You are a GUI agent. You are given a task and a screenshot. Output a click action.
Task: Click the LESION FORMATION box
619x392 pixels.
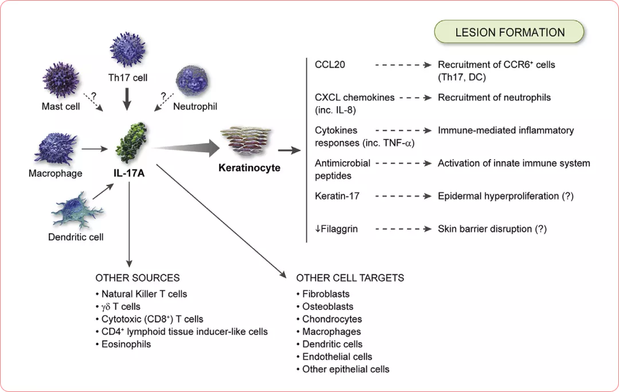click(x=510, y=32)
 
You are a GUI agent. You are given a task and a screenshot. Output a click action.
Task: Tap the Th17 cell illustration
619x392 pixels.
click(x=128, y=51)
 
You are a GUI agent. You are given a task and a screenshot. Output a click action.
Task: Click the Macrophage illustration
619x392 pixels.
click(x=56, y=148)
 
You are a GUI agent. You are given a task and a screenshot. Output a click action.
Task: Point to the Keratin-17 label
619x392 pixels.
click(x=337, y=196)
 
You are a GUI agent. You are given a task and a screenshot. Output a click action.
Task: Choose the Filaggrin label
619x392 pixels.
click(x=336, y=229)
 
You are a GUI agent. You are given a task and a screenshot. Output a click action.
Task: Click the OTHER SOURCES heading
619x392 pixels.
click(x=138, y=278)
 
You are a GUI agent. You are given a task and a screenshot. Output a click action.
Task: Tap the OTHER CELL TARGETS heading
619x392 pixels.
click(x=350, y=278)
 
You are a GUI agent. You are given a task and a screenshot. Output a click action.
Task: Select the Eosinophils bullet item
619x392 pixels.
click(x=126, y=344)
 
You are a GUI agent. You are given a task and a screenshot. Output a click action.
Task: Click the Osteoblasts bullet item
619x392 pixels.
click(x=328, y=306)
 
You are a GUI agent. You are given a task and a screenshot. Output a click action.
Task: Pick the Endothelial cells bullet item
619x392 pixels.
click(x=337, y=356)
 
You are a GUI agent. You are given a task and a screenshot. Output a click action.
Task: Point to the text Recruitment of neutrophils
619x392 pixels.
click(x=494, y=98)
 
